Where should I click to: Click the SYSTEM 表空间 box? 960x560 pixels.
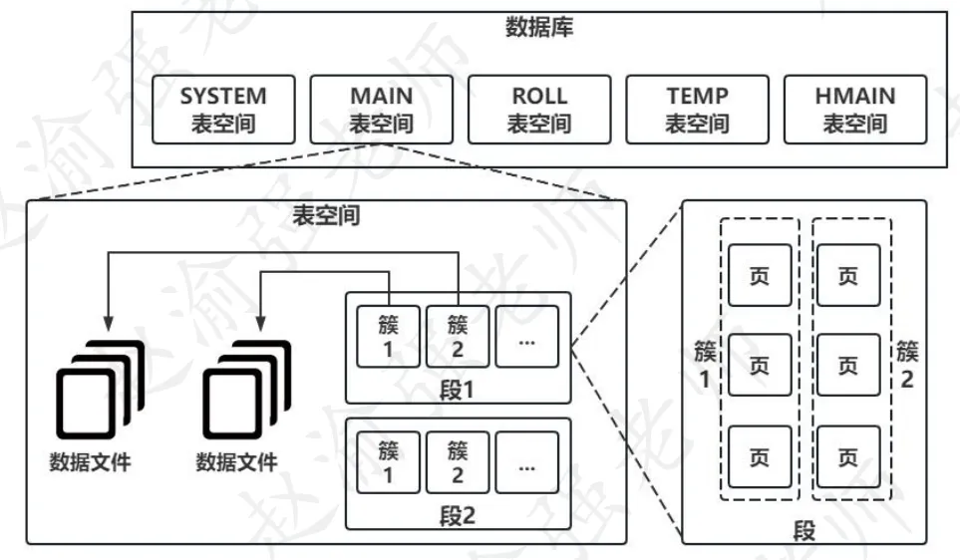coord(223,110)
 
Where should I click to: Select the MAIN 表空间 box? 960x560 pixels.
coord(381,110)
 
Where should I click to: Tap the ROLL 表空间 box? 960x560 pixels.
coord(538,110)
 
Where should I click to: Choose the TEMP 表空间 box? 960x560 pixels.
coord(697,110)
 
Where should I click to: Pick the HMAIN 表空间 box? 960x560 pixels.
coord(854,110)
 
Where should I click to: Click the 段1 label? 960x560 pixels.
coord(459,390)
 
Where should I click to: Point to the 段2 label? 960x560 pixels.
coord(459,514)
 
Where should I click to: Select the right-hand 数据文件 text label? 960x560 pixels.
coord(236,462)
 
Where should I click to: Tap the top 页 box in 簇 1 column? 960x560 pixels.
coord(759,276)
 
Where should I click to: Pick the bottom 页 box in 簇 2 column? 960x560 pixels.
coord(846,457)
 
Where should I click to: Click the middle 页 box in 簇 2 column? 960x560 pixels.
coord(846,367)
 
